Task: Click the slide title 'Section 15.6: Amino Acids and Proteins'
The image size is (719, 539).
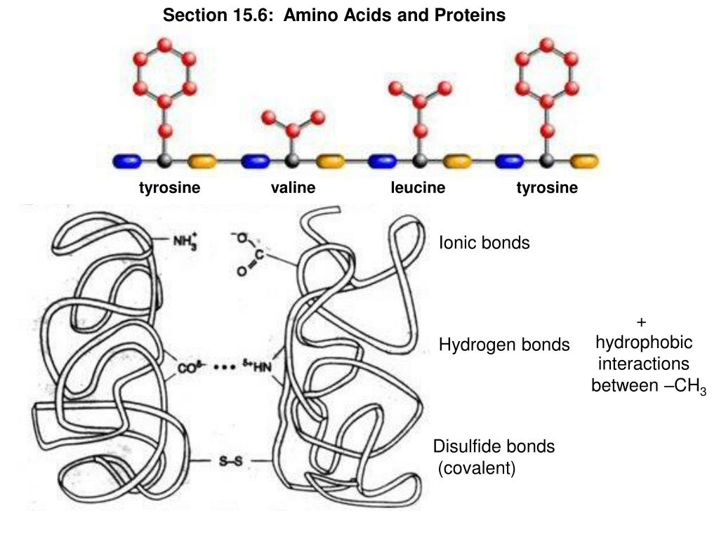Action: click(x=334, y=15)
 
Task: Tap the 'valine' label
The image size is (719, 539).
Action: click(x=293, y=188)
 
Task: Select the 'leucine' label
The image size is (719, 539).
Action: click(x=418, y=188)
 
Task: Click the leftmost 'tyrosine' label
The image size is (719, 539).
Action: click(x=169, y=188)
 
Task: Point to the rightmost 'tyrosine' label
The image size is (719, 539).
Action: click(x=547, y=188)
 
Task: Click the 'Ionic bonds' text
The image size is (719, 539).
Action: click(x=484, y=243)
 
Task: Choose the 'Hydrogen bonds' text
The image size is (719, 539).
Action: click(x=504, y=345)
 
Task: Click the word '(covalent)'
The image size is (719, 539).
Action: click(x=477, y=468)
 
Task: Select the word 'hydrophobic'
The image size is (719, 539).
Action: click(x=644, y=342)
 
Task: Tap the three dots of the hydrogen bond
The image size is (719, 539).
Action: click(x=224, y=367)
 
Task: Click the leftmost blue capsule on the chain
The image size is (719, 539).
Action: click(x=127, y=161)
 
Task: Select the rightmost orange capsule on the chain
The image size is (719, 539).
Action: click(x=584, y=161)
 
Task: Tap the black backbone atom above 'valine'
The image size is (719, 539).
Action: click(x=293, y=161)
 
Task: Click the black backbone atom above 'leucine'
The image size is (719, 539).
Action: click(x=420, y=161)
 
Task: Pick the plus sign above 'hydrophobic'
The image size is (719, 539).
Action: click(x=640, y=322)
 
